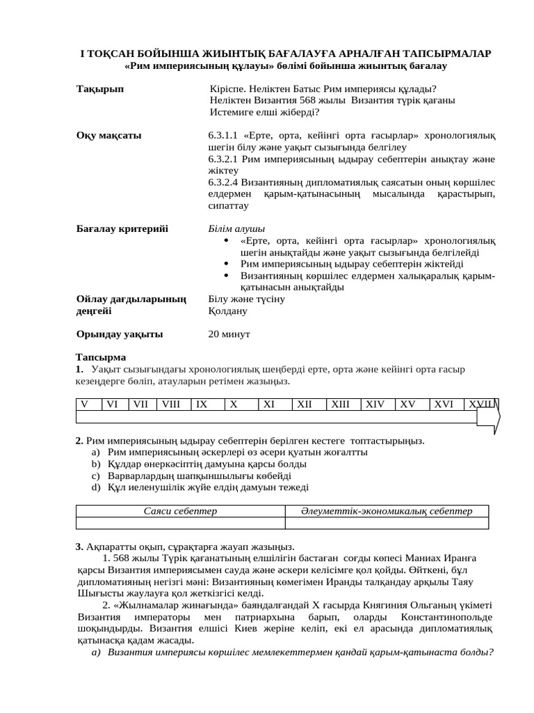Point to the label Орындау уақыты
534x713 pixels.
coord(119,334)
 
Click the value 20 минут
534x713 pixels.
coord(229,334)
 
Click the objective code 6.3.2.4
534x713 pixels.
coord(223,182)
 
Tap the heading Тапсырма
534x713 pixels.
coord(102,357)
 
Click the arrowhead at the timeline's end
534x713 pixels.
coord(493,417)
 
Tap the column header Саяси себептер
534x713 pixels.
coord(180,511)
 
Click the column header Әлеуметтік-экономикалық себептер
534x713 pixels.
coord(387,511)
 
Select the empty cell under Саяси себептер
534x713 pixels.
coord(180,523)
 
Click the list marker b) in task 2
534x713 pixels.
coord(95,464)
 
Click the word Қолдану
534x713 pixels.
coord(227,311)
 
